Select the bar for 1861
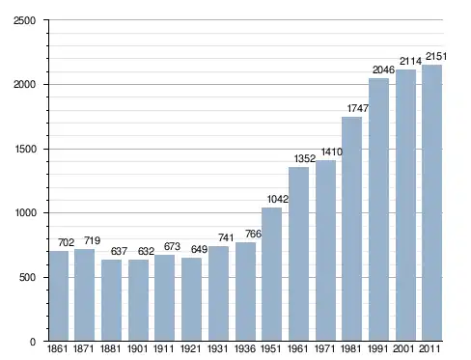(59, 295)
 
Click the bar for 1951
(271, 274)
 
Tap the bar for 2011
(431, 203)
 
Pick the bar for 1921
(191, 299)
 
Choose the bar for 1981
(351, 229)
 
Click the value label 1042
(278, 199)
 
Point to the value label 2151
(436, 57)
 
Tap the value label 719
(92, 240)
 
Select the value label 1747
(357, 108)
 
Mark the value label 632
(146, 251)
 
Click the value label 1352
(305, 158)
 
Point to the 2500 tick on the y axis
(24, 20)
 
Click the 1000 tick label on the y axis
(25, 213)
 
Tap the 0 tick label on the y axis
(33, 342)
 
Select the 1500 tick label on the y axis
(25, 150)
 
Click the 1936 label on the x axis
(245, 348)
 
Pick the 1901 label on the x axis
(137, 348)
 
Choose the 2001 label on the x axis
(403, 348)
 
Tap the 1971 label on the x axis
(325, 348)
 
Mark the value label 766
(253, 234)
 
